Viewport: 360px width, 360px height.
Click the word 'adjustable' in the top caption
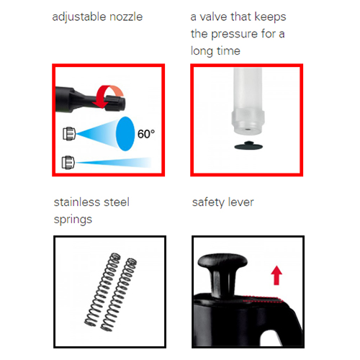[78, 17]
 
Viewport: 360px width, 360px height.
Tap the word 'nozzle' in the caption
[126, 17]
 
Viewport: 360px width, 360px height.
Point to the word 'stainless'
[76, 202]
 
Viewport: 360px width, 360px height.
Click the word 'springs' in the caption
[73, 220]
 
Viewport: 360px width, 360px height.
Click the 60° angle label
[146, 134]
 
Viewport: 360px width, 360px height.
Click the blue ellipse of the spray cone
[125, 134]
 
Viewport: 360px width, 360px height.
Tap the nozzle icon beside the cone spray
[69, 134]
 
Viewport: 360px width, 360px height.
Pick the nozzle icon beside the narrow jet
[68, 163]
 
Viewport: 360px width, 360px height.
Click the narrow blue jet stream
[113, 163]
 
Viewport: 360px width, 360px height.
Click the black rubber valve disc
[248, 145]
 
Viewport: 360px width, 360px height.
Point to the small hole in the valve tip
[248, 130]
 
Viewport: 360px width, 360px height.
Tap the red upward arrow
[276, 275]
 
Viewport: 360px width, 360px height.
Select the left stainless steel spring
[102, 289]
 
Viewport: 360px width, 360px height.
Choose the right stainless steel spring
[119, 294]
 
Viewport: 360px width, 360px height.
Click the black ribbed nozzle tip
[115, 103]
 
